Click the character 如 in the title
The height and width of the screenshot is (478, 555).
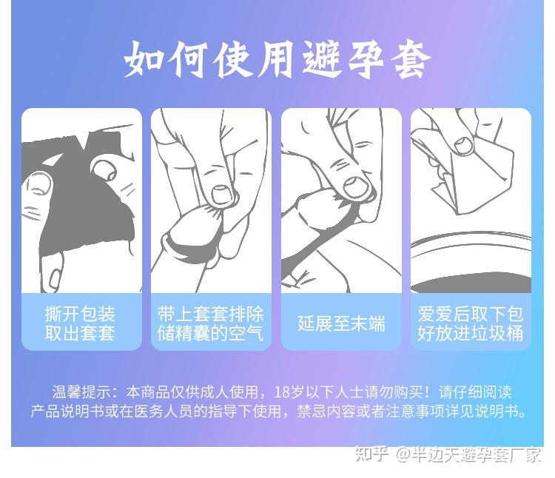click(x=144, y=59)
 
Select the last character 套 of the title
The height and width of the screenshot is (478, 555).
click(x=411, y=59)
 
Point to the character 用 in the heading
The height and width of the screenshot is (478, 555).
click(x=277, y=59)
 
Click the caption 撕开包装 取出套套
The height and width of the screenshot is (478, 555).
click(x=80, y=323)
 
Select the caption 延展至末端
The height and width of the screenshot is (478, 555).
click(x=341, y=323)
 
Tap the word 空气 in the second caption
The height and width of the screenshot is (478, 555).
click(x=246, y=332)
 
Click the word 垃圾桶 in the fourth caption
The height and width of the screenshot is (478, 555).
click(x=497, y=332)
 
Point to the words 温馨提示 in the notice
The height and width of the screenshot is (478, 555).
click(x=81, y=392)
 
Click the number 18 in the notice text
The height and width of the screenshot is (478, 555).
click(x=282, y=392)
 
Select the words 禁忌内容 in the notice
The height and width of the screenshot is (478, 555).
click(x=326, y=411)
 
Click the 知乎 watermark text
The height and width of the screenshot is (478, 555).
click(x=371, y=454)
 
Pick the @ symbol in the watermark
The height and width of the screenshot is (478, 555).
click(x=403, y=454)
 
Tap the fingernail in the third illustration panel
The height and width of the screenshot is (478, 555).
click(x=354, y=187)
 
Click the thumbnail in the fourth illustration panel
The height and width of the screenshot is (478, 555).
click(x=463, y=146)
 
